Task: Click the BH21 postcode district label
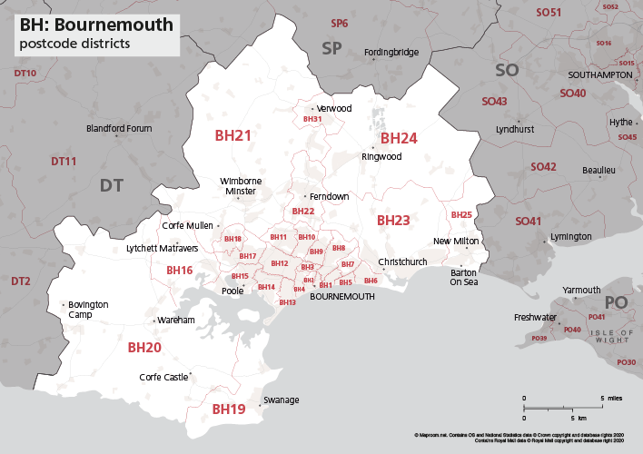tap(232, 135)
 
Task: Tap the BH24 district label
tap(398, 138)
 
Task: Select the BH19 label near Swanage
tap(228, 410)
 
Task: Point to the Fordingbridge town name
tap(391, 53)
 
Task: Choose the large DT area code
tap(111, 185)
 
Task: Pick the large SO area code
tap(506, 70)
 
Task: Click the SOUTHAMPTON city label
tap(599, 74)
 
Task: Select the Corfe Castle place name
tap(163, 377)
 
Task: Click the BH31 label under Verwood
tap(312, 119)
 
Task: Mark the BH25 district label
tap(461, 215)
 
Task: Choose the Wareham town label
tap(175, 321)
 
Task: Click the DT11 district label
tap(64, 161)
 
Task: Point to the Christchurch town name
tap(402, 262)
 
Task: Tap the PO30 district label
tap(626, 362)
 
